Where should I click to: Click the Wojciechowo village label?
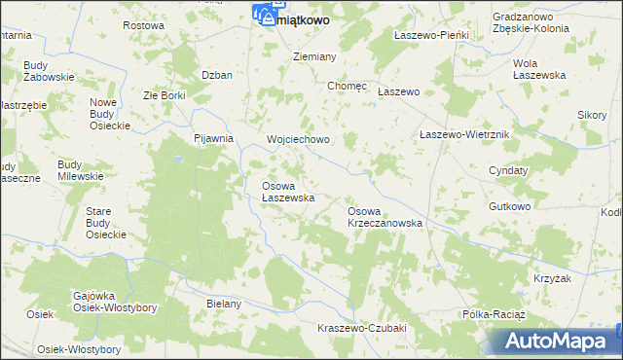(x=298, y=139)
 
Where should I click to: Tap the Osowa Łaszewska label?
(x=287, y=192)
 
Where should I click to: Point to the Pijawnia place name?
(x=214, y=138)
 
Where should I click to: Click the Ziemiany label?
(x=315, y=56)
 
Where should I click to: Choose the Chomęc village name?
(x=348, y=86)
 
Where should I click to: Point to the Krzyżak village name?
(x=550, y=278)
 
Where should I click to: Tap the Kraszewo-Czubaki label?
(x=361, y=328)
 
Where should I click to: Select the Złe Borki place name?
(x=164, y=95)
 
